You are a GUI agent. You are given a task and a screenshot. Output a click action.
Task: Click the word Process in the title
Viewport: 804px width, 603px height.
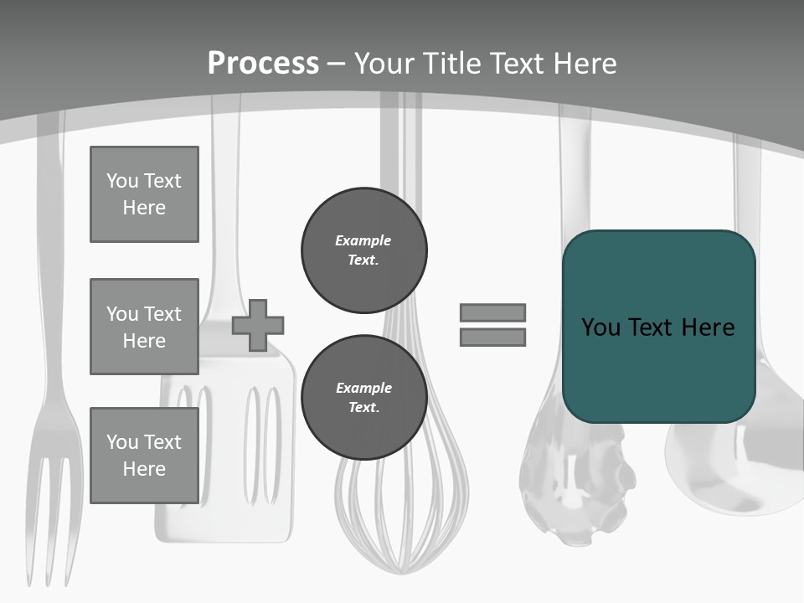click(x=263, y=63)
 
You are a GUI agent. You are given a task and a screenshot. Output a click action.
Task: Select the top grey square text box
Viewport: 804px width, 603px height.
click(x=144, y=194)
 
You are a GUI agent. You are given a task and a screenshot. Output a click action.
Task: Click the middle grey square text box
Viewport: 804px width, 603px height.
click(x=144, y=327)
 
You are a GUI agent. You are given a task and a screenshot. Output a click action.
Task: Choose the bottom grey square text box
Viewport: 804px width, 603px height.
click(x=144, y=455)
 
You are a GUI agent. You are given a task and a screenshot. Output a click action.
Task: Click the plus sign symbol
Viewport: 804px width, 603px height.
click(x=258, y=325)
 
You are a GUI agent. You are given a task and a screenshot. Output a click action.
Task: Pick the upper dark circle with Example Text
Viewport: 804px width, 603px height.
click(x=363, y=250)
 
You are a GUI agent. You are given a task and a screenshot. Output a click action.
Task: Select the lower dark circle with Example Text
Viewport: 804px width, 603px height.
click(x=363, y=397)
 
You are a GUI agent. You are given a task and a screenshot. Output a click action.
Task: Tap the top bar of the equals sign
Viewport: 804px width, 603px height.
click(x=492, y=312)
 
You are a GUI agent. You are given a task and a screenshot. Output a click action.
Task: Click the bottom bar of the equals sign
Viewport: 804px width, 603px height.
click(x=492, y=338)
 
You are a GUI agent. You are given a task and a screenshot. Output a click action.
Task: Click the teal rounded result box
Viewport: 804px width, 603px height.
click(x=658, y=327)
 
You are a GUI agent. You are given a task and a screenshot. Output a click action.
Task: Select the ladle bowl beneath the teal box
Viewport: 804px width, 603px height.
click(x=729, y=469)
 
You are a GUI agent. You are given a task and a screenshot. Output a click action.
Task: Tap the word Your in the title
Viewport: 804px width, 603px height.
click(x=384, y=63)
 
